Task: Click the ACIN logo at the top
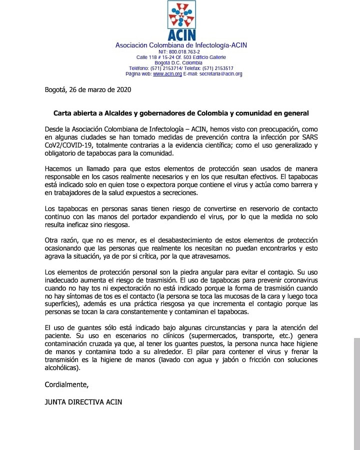tap(181, 20)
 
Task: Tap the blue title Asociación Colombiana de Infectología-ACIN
tap(181, 45)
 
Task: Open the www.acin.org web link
tap(167, 74)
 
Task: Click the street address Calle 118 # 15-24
tap(156, 57)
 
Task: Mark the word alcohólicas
tap(61, 367)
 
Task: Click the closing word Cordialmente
tap(66, 384)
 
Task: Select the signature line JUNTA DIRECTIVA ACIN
tap(83, 401)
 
